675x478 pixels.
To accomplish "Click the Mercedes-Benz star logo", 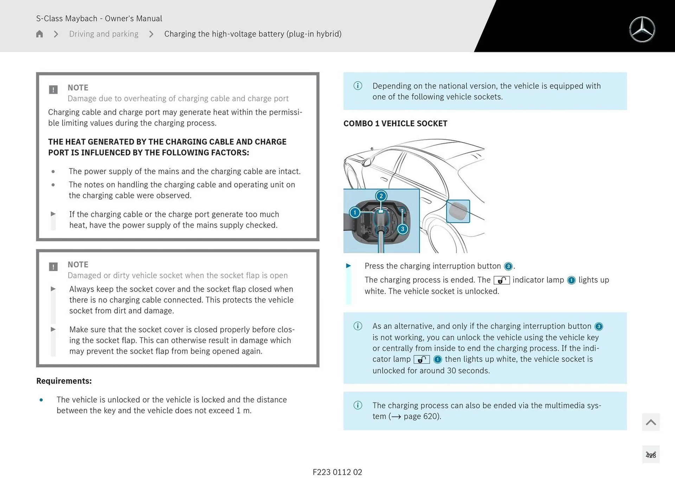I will [x=642, y=30].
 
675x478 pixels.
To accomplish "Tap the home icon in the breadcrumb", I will [x=39, y=34].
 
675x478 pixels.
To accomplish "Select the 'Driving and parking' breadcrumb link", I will [x=104, y=34].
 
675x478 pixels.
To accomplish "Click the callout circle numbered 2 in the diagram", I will [x=381, y=196].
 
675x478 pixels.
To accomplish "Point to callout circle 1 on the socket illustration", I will [x=355, y=213].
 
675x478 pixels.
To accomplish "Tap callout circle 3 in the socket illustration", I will [x=403, y=229].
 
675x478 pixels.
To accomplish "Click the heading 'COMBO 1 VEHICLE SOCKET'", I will [x=395, y=124].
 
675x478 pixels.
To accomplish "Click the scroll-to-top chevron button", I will [x=650, y=422].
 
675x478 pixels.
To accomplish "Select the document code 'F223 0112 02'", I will [x=337, y=472].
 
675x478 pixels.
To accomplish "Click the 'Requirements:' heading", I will [x=64, y=381].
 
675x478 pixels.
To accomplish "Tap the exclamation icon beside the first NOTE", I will [x=53, y=89].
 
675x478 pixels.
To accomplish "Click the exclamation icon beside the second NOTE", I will [x=53, y=266].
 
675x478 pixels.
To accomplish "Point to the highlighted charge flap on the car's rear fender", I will [x=458, y=211].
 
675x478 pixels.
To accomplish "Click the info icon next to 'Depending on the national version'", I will [x=358, y=86].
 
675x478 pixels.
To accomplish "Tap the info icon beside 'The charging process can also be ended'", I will [x=358, y=405].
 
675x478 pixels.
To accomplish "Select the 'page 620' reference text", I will [x=421, y=416].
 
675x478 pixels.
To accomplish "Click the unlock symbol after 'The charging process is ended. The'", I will [x=501, y=280].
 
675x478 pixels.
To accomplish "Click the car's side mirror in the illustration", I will [x=366, y=162].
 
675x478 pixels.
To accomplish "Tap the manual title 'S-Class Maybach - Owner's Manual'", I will [x=99, y=18].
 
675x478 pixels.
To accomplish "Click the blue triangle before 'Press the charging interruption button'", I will [x=348, y=266].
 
